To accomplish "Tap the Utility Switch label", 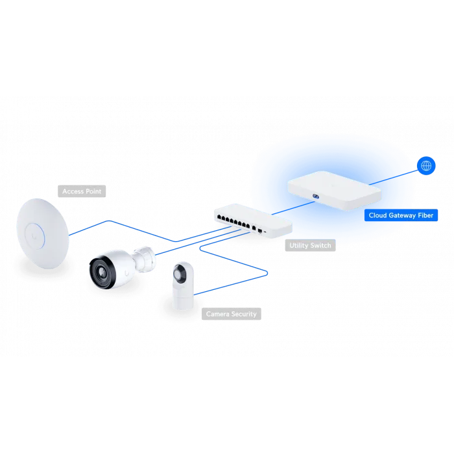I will pyautogui.click(x=309, y=245).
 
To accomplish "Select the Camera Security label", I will pyautogui.click(x=232, y=314).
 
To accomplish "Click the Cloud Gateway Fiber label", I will pyautogui.click(x=401, y=214).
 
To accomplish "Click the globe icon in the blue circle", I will pyautogui.click(x=426, y=166).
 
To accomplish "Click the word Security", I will pyautogui.click(x=243, y=314).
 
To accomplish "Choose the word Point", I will pyautogui.click(x=93, y=191).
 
